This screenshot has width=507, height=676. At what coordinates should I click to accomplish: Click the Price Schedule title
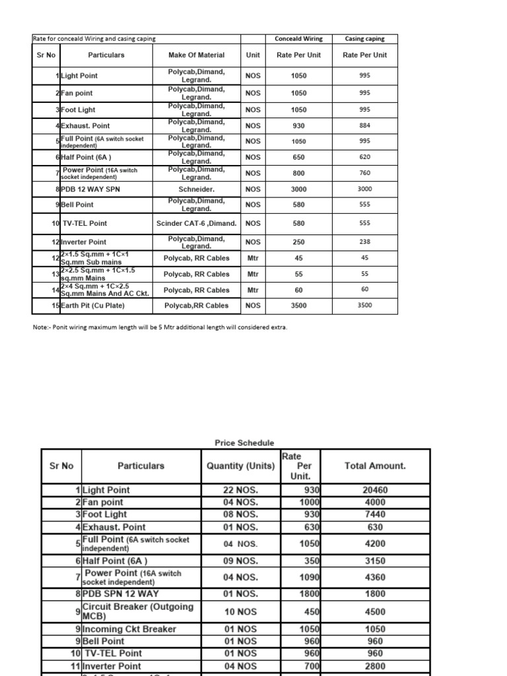coord(244,442)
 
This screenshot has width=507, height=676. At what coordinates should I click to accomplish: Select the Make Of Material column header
coord(196,55)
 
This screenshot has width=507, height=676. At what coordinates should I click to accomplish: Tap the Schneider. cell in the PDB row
coord(196,189)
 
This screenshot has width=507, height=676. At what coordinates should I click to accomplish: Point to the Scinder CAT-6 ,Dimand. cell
coord(196,223)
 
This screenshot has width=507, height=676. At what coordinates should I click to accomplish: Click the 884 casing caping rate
coord(364,125)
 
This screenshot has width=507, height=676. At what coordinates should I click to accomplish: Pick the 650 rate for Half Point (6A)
coord(298,157)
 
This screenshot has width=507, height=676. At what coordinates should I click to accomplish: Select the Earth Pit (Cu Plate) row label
coord(88,305)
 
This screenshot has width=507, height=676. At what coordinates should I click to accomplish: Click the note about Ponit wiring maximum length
coord(160,327)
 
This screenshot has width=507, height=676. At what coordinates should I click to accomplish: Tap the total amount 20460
coord(375,490)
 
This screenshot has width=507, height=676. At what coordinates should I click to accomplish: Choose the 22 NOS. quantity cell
coord(240,490)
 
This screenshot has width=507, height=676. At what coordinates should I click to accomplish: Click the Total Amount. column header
coord(375,465)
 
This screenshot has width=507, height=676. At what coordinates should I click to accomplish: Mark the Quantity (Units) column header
coord(240,465)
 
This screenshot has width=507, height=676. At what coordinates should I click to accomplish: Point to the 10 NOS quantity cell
coord(240,611)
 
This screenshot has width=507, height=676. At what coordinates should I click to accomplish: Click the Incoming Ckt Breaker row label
coord(129,629)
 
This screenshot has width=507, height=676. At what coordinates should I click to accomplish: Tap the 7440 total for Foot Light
coord(375,514)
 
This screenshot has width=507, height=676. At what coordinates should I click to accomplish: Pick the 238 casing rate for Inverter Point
coord(364,242)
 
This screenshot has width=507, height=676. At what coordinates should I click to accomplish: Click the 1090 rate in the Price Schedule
coord(308,577)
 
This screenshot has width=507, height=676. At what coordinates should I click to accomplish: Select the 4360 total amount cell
coord(375,577)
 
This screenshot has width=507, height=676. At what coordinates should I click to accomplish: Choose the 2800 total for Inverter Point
coord(375,665)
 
